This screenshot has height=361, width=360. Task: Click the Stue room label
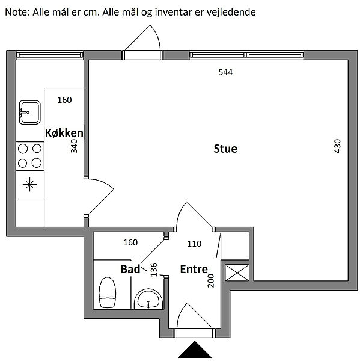[225, 149]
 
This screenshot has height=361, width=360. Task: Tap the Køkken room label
[64, 133]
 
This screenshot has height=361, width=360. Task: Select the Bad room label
[130, 269]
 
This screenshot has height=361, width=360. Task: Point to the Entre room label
[194, 269]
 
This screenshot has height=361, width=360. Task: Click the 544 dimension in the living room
[225, 72]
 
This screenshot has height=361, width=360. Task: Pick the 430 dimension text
[337, 146]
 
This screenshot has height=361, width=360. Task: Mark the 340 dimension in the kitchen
[74, 146]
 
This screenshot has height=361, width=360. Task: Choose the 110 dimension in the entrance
[194, 244]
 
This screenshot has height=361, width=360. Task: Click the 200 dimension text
[211, 280]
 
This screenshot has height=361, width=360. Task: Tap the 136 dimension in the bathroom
[153, 270]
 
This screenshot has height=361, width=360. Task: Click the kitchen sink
[29, 113]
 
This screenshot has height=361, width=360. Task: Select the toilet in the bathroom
[107, 292]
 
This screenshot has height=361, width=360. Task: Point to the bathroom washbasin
[148, 299]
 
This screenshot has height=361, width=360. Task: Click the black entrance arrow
[195, 350]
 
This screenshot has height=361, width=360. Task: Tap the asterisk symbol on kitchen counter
[29, 185]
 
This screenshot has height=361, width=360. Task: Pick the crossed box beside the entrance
[237, 273]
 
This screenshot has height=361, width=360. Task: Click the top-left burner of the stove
[23, 149]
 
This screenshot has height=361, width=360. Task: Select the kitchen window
[50, 55]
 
